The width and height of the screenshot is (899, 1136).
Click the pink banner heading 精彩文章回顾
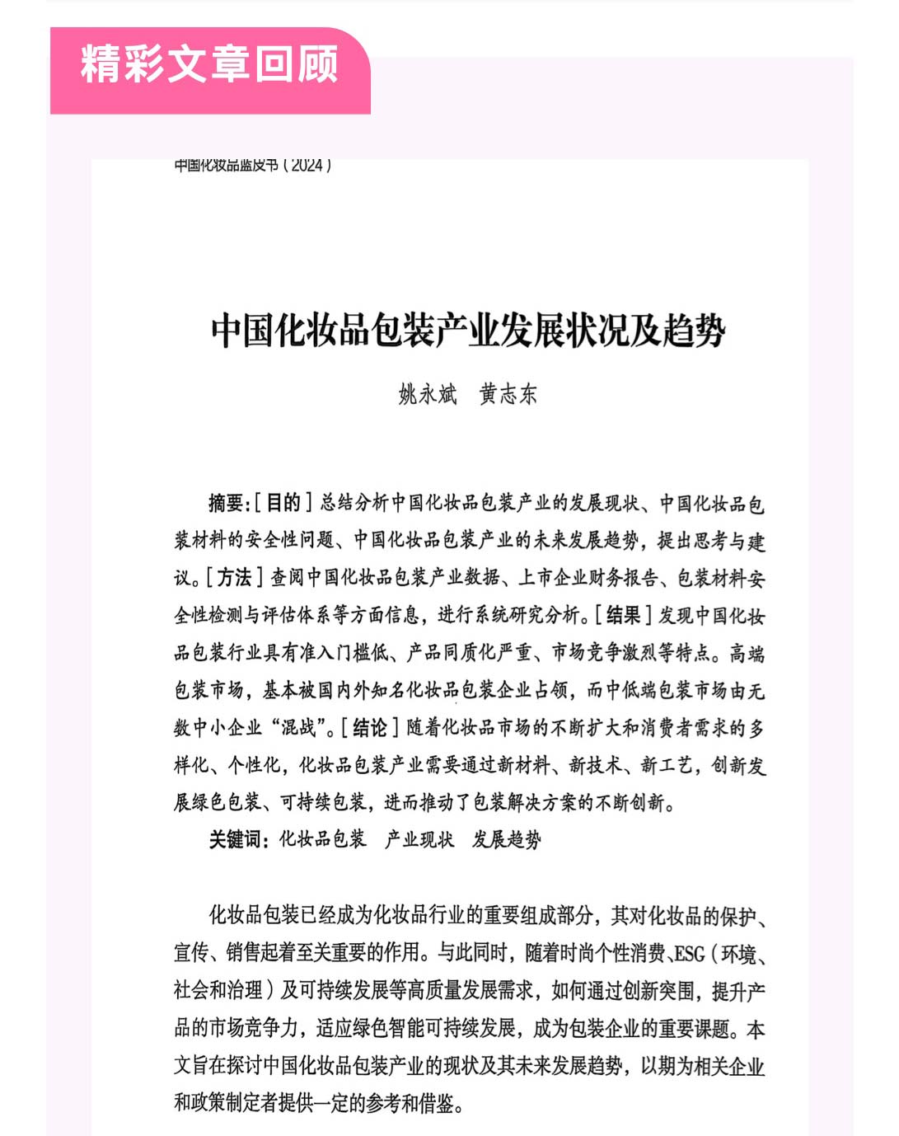tap(209, 64)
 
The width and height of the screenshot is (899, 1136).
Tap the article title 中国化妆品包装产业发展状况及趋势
tap(468, 331)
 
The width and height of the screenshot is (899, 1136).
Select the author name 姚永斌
tap(428, 394)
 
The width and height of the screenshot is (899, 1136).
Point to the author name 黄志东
tap(508, 394)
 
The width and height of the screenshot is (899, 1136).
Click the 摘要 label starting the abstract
tap(226, 503)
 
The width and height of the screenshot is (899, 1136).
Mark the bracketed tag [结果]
tap(623, 615)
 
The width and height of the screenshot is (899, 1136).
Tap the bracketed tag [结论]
tap(370, 728)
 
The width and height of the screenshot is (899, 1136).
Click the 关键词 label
tap(237, 840)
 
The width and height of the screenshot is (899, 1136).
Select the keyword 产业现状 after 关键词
tap(419, 840)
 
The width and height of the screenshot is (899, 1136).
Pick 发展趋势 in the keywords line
tap(507, 840)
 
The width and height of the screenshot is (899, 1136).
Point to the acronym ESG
tap(689, 954)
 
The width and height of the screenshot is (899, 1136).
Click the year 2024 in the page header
tap(307, 165)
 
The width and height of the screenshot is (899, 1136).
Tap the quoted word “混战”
tap(301, 728)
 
